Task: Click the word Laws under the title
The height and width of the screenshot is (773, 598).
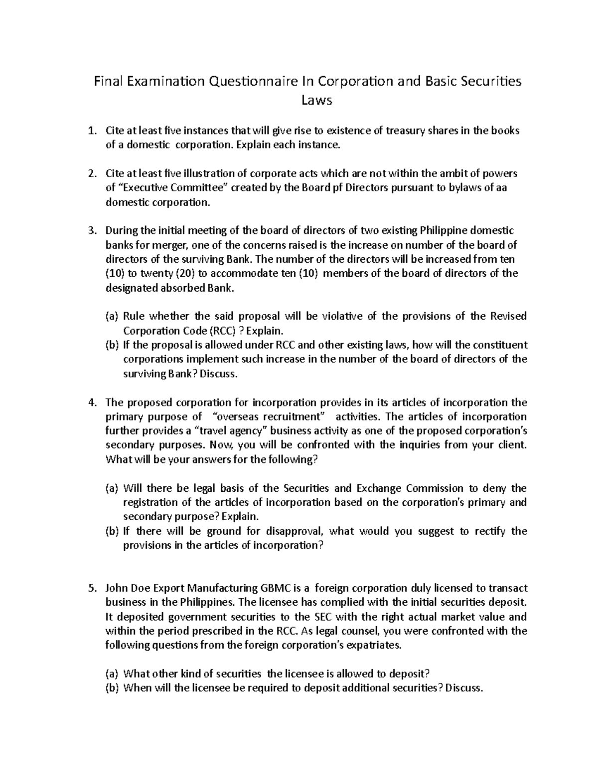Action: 317,100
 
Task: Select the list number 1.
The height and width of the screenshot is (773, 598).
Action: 91,131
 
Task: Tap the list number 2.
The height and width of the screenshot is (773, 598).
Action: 91,174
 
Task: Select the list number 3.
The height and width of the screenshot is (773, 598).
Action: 91,230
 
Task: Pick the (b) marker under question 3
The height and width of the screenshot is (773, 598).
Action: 112,345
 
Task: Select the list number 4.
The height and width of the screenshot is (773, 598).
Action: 91,402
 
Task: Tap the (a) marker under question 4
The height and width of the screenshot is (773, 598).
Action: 112,488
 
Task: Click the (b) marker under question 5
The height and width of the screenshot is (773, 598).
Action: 112,688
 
